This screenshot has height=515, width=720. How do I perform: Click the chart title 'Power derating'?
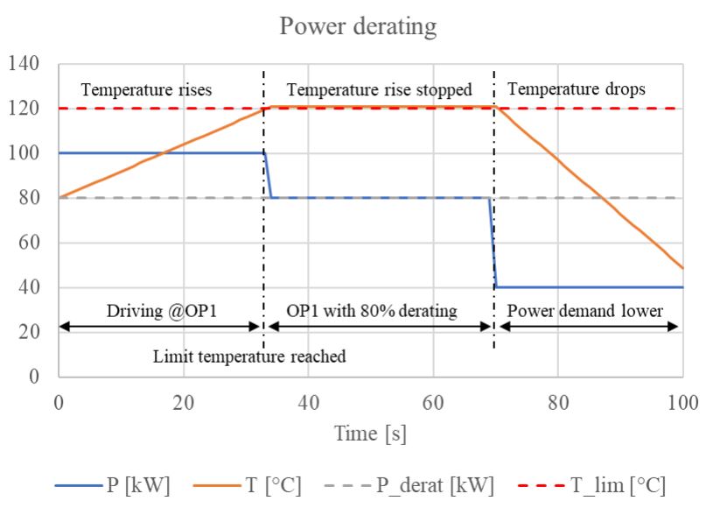pos(358,26)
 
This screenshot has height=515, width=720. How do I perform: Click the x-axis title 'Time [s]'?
pos(370,433)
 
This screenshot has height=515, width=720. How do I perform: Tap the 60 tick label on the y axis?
pos(31,243)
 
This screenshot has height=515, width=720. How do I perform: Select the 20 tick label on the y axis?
pos(31,333)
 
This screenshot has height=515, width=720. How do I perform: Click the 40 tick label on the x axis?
pos(308,403)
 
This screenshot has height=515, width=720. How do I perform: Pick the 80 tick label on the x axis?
pos(558,403)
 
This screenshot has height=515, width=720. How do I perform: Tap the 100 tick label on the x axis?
pos(682,403)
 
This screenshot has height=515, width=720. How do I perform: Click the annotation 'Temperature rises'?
pos(146,89)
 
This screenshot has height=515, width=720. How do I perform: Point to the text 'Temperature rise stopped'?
pos(379,89)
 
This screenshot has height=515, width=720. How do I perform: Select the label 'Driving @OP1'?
pos(157,310)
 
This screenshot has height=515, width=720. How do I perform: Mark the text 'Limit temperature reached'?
pos(249,356)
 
